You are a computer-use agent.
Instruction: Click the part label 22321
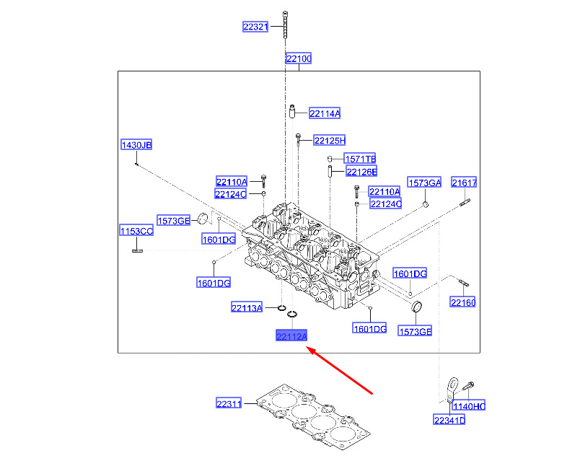click(255, 27)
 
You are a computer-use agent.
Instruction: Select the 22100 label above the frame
click(298, 58)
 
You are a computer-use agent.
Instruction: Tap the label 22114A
click(325, 113)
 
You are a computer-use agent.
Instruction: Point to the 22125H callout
click(330, 140)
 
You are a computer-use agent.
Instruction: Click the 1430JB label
click(136, 146)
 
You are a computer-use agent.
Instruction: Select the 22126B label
click(361, 172)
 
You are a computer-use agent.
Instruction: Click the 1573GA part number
click(424, 183)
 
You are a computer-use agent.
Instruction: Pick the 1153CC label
click(136, 231)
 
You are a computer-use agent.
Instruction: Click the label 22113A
click(247, 308)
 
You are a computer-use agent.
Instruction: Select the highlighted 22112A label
click(291, 336)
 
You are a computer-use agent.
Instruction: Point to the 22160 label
click(463, 302)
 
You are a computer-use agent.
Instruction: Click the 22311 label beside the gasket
click(229, 403)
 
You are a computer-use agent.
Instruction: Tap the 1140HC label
click(469, 407)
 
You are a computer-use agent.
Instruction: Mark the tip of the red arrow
click(309, 348)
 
